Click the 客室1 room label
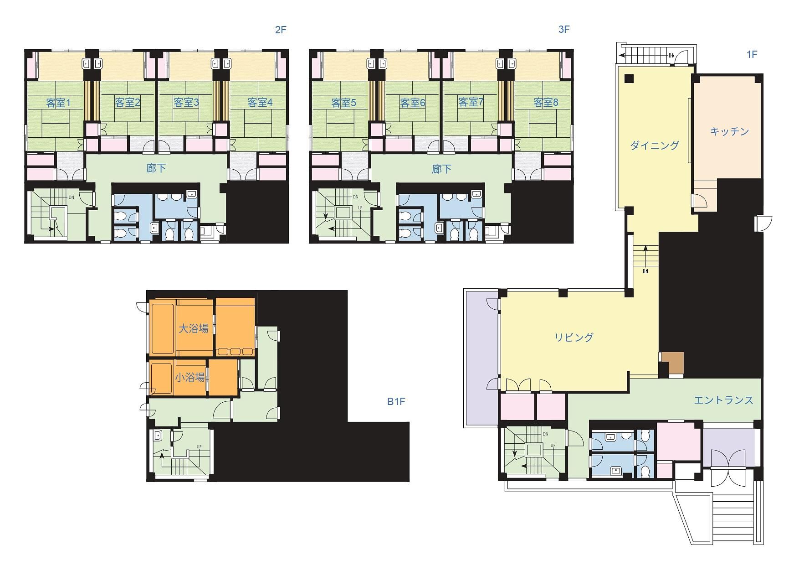58,103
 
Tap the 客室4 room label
260,103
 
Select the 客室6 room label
412,103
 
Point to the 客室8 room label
546,103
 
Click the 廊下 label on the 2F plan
156,168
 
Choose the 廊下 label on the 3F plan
441,169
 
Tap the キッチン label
729,131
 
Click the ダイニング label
655,145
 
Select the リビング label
574,337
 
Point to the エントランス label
723,400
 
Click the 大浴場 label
193,328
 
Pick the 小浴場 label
190,377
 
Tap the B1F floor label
396,402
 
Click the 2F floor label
281,30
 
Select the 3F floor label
564,30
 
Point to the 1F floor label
752,55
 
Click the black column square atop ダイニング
629,78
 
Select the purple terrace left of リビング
482,358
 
